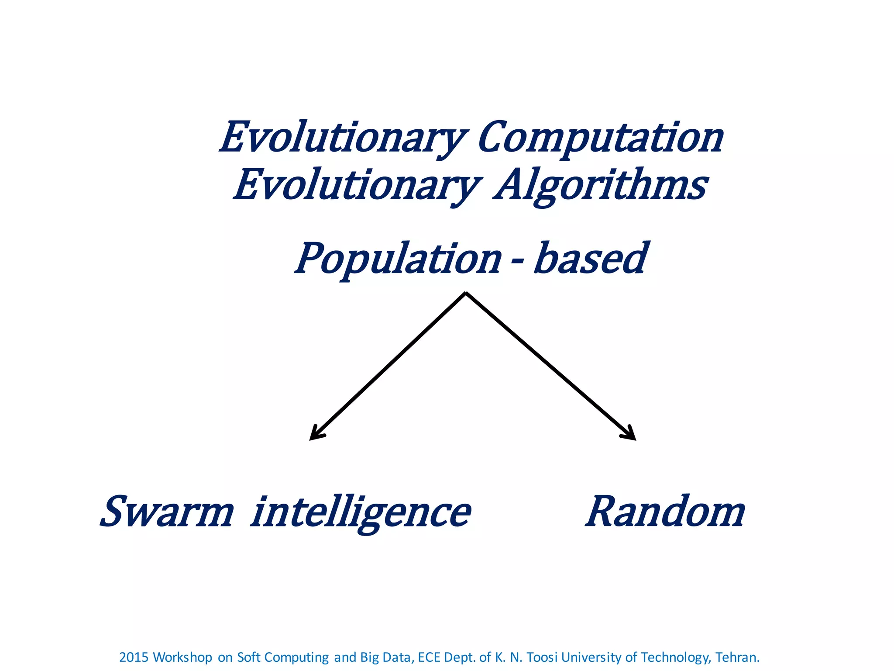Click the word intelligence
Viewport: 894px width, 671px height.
click(361, 512)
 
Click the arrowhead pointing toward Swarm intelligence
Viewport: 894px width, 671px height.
click(315, 434)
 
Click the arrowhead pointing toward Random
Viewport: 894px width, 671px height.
click(630, 434)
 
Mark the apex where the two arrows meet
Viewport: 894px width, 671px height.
click(466, 294)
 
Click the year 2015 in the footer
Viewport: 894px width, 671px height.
click(134, 657)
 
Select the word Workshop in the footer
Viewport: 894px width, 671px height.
click(182, 657)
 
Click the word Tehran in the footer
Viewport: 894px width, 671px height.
click(736, 657)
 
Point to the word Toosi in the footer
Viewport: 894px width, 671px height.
click(542, 657)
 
